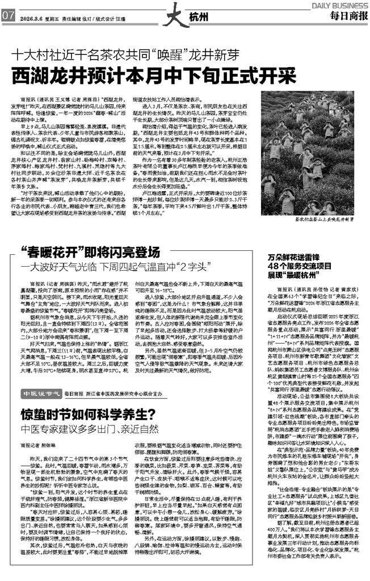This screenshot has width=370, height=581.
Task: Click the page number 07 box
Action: pos(9,15)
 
